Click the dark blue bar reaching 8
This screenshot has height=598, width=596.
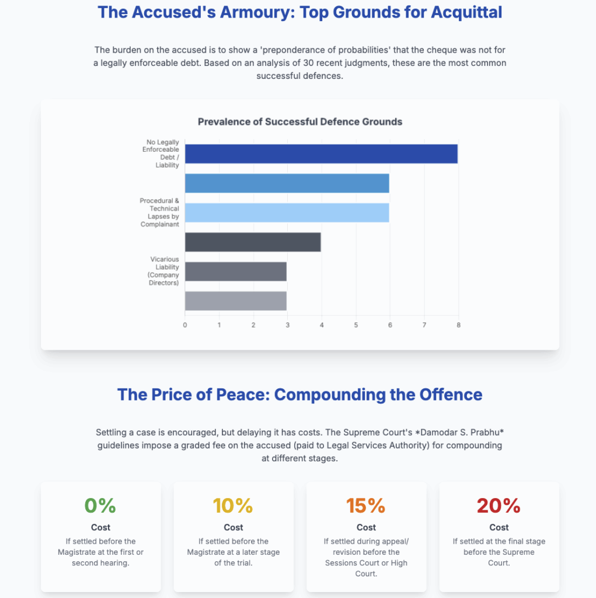(321, 154)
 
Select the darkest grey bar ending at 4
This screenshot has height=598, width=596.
(253, 242)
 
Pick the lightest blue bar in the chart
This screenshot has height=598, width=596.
(287, 213)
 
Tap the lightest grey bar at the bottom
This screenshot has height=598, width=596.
(235, 301)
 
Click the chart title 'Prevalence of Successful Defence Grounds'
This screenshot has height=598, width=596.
(300, 122)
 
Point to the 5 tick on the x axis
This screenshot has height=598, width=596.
(355, 325)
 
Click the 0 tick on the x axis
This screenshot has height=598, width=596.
(185, 325)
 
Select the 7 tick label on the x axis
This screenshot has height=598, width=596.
(424, 325)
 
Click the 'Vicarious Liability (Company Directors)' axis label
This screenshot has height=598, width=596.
(164, 271)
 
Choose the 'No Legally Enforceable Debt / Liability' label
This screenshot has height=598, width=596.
(161, 154)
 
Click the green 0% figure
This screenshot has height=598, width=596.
(100, 505)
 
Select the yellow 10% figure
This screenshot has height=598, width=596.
(233, 505)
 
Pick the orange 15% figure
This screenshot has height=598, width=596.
(366, 505)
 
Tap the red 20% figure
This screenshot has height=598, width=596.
(499, 505)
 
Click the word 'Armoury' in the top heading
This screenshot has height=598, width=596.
(257, 12)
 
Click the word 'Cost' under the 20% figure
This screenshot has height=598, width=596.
(499, 527)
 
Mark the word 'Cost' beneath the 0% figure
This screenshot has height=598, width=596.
(100, 527)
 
